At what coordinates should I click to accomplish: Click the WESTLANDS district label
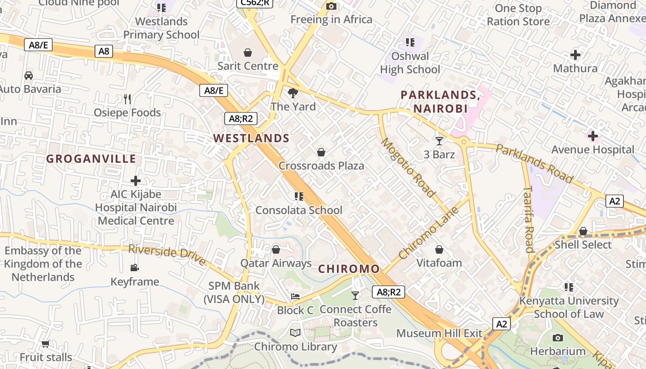pyautogui.click(x=251, y=138)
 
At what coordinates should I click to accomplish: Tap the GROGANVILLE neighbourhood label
pyautogui.click(x=91, y=159)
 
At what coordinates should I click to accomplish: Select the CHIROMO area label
pyautogui.click(x=349, y=269)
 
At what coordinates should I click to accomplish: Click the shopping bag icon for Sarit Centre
pyautogui.click(x=248, y=53)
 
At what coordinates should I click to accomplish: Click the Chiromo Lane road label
pyautogui.click(x=429, y=233)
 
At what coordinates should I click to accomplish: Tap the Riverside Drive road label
pyautogui.click(x=167, y=255)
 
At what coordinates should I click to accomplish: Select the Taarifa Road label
pyautogui.click(x=529, y=219)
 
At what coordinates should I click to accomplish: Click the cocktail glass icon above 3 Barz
pyautogui.click(x=439, y=141)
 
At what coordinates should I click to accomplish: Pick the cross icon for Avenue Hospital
pyautogui.click(x=592, y=136)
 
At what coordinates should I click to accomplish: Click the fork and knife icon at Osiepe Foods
pyautogui.click(x=127, y=99)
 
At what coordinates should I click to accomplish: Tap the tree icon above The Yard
pyautogui.click(x=293, y=93)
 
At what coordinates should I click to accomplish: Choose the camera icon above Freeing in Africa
pyautogui.click(x=331, y=6)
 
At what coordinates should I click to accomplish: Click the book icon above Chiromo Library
pyautogui.click(x=295, y=333)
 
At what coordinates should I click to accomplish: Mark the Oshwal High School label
pyautogui.click(x=410, y=63)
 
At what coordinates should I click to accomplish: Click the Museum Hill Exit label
pyautogui.click(x=439, y=333)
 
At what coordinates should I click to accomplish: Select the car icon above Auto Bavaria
pyautogui.click(x=29, y=75)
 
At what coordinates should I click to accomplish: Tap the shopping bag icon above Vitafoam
pyautogui.click(x=439, y=250)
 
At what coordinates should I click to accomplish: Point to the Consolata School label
pyautogui.click(x=299, y=210)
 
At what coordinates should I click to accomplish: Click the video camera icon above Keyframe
pyautogui.click(x=134, y=268)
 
